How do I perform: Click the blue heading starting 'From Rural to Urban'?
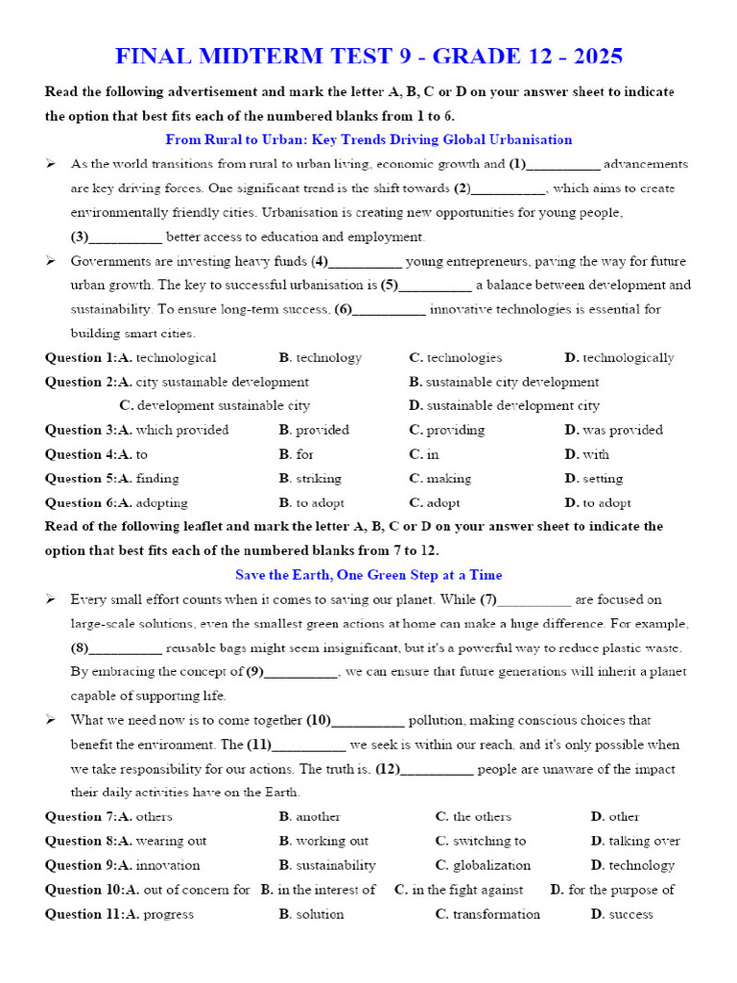pos(368,139)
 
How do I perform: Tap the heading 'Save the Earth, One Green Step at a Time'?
pos(368,575)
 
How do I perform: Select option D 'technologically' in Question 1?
pos(628,357)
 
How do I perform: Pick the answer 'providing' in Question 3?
pos(455,430)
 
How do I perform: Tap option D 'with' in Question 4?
pos(595,454)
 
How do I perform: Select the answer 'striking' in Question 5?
pos(318,478)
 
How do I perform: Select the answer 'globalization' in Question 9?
pos(491,865)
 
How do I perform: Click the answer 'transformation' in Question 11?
pos(496,914)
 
